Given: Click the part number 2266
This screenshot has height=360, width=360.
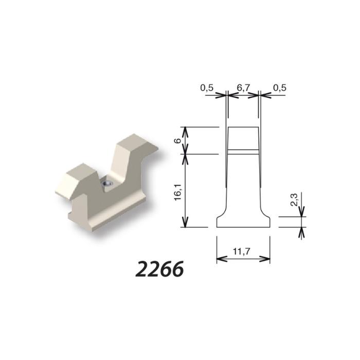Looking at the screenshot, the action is [159, 268].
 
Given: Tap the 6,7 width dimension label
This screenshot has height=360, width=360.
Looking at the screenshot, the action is [243, 88].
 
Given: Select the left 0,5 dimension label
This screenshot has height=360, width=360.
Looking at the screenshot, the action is [207, 88].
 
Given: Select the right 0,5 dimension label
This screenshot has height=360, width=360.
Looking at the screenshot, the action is [280, 88].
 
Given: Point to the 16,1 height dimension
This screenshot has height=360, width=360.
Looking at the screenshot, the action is [178, 192].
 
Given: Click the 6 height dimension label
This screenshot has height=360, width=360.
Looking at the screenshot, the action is [178, 141].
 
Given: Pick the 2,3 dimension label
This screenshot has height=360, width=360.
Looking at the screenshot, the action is [294, 200].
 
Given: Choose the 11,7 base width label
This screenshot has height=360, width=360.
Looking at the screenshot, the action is [241, 251].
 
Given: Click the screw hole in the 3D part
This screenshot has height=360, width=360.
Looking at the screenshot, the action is [107, 183].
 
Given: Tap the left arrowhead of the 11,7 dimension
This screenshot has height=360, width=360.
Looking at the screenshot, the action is [222, 259].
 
